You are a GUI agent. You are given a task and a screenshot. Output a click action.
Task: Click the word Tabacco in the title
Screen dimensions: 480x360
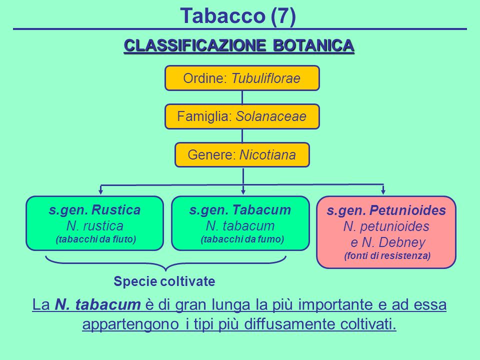coord(222,15)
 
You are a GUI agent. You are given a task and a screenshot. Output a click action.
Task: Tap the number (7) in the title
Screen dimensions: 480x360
coord(283,16)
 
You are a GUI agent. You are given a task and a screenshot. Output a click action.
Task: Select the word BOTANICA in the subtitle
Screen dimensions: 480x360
coord(313,45)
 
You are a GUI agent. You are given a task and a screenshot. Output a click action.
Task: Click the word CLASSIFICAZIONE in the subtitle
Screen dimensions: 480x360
coord(194,45)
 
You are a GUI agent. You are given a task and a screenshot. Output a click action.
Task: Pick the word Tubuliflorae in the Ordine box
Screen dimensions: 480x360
coord(265,78)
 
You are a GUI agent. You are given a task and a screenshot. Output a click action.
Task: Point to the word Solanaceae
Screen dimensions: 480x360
coord(271,116)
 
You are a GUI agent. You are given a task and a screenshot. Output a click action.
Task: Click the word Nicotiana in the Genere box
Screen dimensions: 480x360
coord(267,154)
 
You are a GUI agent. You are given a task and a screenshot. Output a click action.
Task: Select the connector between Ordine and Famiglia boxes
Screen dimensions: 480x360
coord(242,97)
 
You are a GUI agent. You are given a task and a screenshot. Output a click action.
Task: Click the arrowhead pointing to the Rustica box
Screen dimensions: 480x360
coord(100,192)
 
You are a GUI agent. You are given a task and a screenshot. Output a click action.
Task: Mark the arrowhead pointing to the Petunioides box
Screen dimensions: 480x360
coord(383,192)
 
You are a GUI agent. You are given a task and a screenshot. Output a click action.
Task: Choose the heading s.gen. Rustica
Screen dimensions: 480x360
coord(94,210)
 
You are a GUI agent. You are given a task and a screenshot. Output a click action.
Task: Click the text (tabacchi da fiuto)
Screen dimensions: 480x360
coord(96,239)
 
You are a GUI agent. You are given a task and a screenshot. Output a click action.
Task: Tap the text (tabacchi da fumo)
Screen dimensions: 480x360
coord(242,239)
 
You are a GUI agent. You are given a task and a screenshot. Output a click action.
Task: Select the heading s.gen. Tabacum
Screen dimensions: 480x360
coord(240,210)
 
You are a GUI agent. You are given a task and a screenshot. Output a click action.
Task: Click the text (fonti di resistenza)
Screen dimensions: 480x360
coord(387,255)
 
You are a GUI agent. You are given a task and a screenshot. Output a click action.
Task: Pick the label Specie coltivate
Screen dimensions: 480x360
coord(164,281)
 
